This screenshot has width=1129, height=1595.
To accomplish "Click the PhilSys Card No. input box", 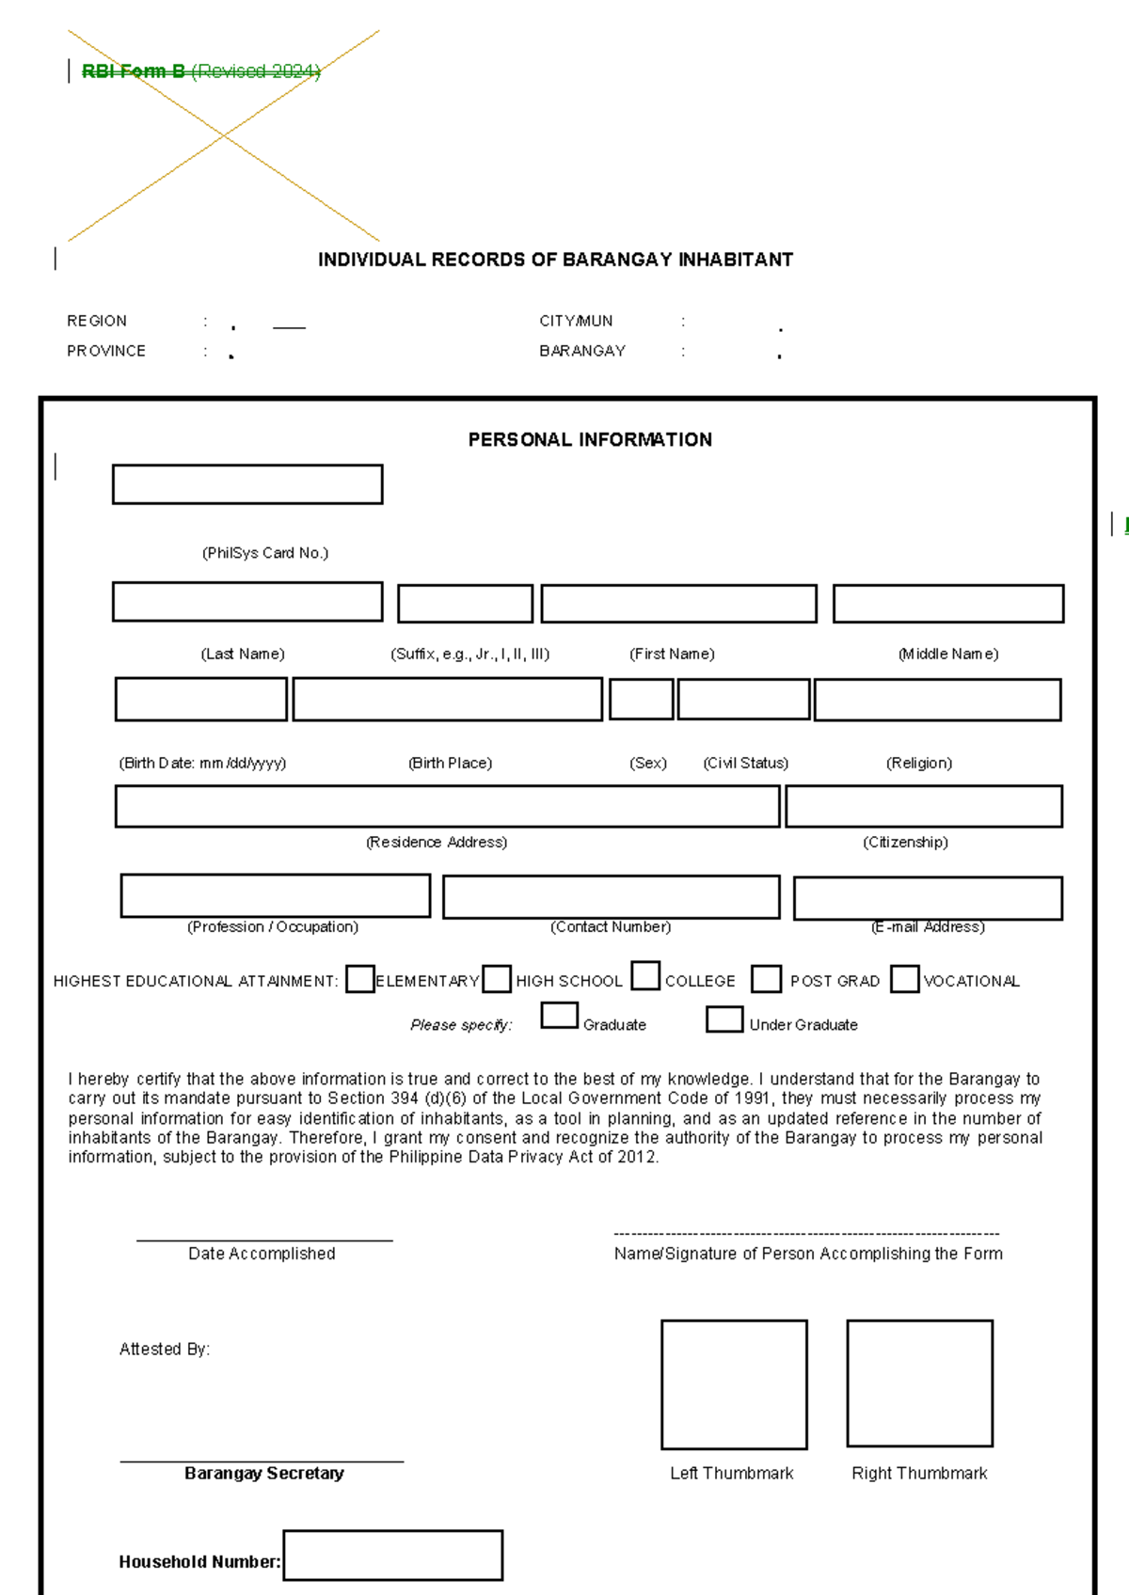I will (x=247, y=484).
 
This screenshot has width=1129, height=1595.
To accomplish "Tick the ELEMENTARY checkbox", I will (x=360, y=979).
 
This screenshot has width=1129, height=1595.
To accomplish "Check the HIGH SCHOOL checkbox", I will (x=497, y=979).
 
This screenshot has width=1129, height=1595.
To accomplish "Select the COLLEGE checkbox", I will (x=645, y=975).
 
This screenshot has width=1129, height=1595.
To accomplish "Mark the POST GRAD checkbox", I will (x=767, y=979).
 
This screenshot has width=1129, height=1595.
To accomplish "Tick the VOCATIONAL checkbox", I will (x=905, y=979).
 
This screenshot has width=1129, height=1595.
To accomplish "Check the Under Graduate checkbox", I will (x=724, y=1019).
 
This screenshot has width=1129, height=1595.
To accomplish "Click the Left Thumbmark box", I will (x=734, y=1384).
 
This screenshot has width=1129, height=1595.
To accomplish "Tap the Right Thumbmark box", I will (x=920, y=1383).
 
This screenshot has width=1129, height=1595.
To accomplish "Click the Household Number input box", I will (x=393, y=1556).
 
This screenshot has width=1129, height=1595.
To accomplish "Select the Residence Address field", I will (x=447, y=807).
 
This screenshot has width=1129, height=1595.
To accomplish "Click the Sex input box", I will (x=642, y=700).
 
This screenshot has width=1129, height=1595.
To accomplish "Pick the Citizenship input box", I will (x=924, y=807).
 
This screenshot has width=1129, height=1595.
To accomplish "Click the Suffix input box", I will (x=466, y=604).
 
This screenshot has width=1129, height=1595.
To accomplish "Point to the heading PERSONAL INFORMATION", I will (x=590, y=440).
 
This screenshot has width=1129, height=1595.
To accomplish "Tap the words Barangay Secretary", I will (x=264, y=1474).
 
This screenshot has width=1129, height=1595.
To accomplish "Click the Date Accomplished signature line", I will (x=264, y=1240).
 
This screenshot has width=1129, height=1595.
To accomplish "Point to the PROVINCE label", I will (x=106, y=351).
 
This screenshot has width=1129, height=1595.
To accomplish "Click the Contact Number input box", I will (x=612, y=897).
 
